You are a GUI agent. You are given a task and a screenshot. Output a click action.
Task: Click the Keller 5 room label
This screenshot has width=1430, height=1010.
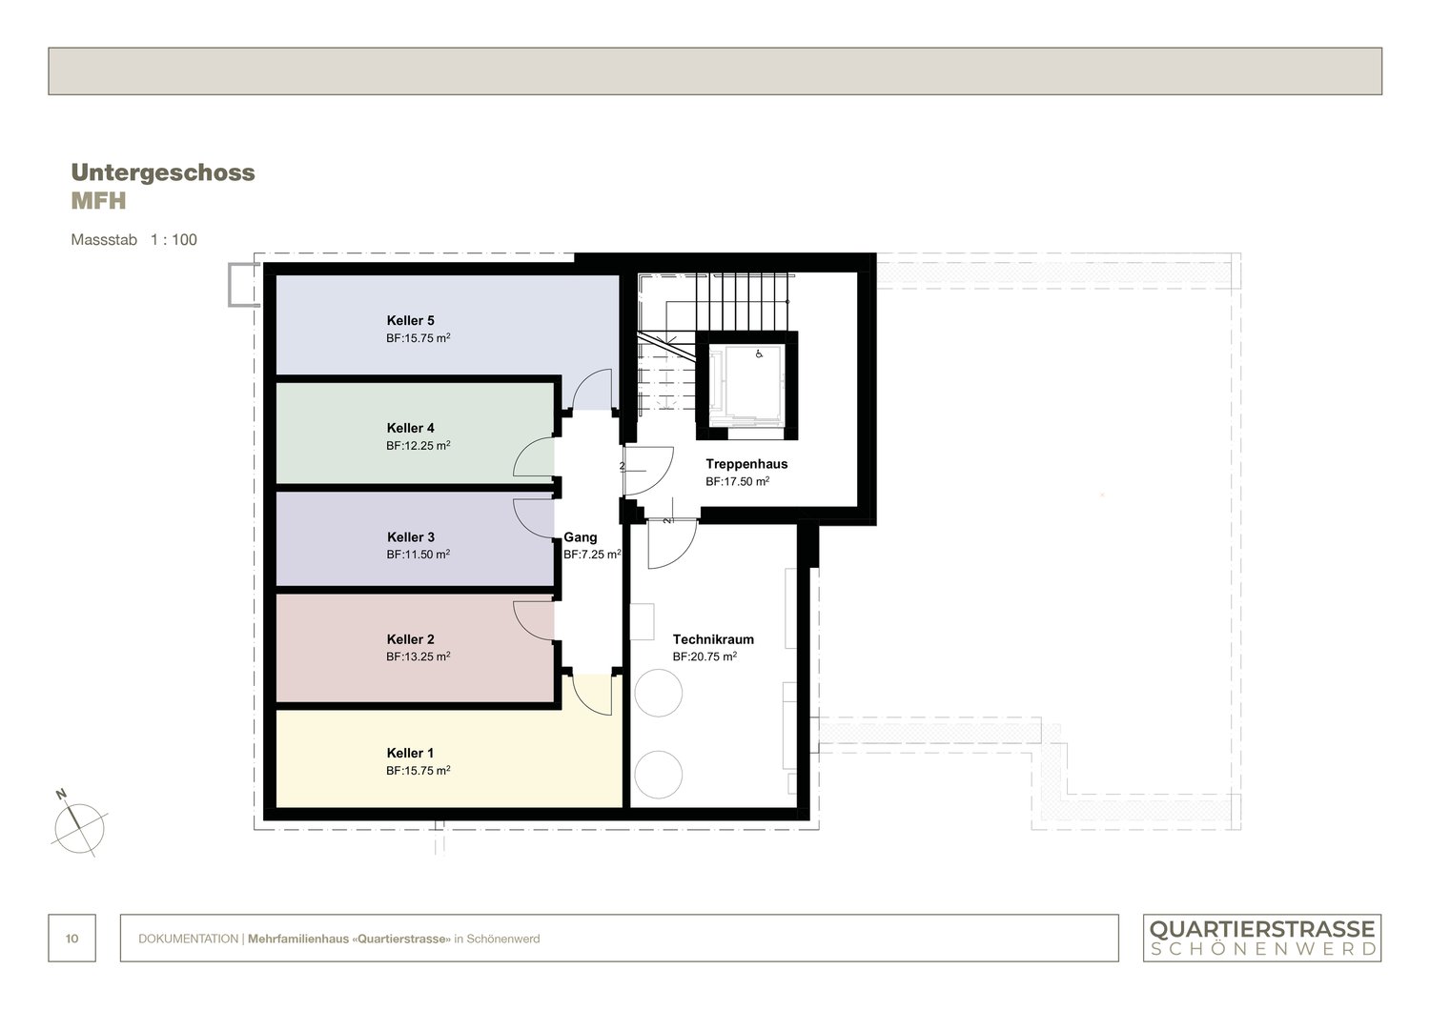point(410,321)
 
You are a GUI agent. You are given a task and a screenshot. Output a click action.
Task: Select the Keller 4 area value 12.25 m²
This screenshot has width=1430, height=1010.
point(418,446)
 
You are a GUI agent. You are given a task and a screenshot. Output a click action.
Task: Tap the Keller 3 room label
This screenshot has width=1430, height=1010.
point(411,537)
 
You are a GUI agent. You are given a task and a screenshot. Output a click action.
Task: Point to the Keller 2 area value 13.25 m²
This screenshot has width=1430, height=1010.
point(418,657)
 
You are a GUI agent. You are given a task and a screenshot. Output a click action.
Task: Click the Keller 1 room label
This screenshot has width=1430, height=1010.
point(410,754)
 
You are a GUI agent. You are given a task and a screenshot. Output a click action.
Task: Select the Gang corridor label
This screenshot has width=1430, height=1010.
point(581,537)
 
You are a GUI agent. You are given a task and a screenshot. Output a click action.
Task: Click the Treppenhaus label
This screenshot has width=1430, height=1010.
point(746,464)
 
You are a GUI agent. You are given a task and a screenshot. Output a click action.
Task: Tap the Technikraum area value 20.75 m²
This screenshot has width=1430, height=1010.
point(705,657)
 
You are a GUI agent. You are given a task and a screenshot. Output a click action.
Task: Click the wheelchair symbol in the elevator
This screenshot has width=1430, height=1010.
point(759,354)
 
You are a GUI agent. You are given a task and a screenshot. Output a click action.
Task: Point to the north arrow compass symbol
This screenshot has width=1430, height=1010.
point(79,822)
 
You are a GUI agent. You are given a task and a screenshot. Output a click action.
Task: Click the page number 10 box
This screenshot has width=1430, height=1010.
point(72,939)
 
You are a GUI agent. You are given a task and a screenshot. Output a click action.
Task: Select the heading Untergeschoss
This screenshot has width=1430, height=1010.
point(163,172)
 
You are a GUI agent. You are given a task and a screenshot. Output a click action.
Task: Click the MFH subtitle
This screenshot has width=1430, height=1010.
point(98,202)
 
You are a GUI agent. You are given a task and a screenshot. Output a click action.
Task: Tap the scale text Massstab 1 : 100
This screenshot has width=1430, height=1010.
point(134,240)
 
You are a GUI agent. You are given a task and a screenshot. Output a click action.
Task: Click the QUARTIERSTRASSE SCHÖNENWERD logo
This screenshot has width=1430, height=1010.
point(1262,938)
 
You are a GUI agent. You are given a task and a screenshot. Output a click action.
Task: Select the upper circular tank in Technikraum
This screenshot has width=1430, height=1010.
point(659,693)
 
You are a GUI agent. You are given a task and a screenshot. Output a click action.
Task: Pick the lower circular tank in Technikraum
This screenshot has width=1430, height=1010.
point(659,775)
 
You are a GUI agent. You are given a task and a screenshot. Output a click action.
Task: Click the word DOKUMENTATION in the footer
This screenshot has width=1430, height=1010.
point(188,939)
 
